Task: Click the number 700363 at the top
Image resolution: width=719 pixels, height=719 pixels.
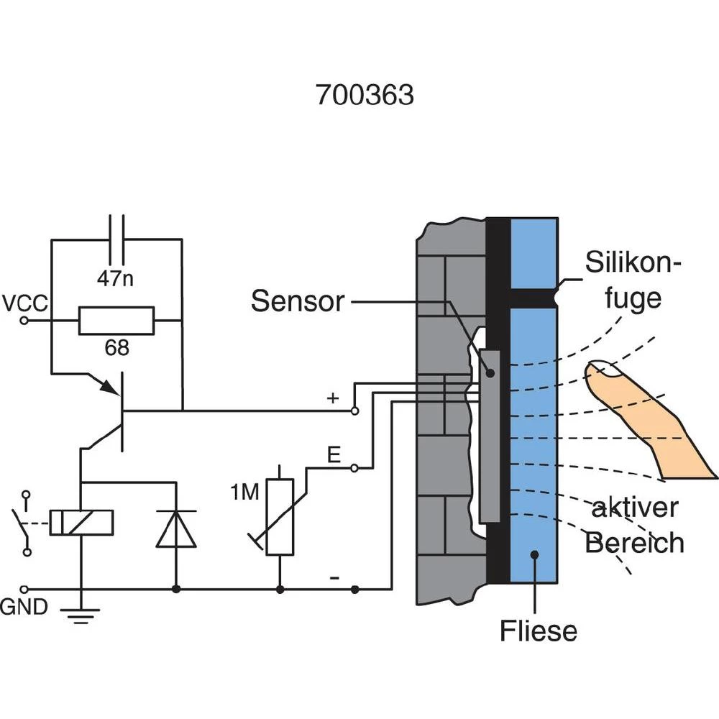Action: point(365,95)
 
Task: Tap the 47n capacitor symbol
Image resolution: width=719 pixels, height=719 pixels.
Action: point(116,239)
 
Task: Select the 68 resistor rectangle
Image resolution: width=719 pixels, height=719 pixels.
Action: point(116,321)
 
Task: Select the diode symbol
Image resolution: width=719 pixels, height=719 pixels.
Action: point(176,530)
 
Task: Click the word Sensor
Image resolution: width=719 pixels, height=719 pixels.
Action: point(298,301)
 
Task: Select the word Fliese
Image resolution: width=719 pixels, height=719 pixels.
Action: point(539,631)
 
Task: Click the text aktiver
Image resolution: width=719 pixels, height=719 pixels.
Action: point(634,508)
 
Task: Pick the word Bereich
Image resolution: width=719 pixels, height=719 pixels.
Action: point(634,542)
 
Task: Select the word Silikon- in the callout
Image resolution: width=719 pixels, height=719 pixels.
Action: point(633,263)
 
